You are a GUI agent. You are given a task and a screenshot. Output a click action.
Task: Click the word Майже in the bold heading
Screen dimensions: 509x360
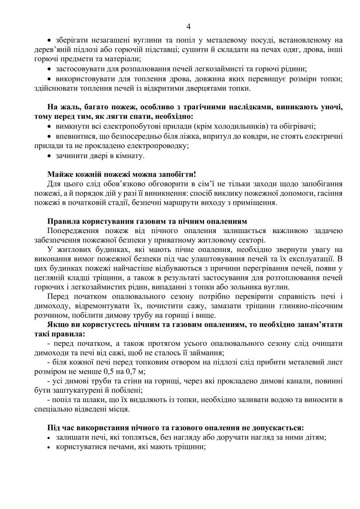pos(60,174)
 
